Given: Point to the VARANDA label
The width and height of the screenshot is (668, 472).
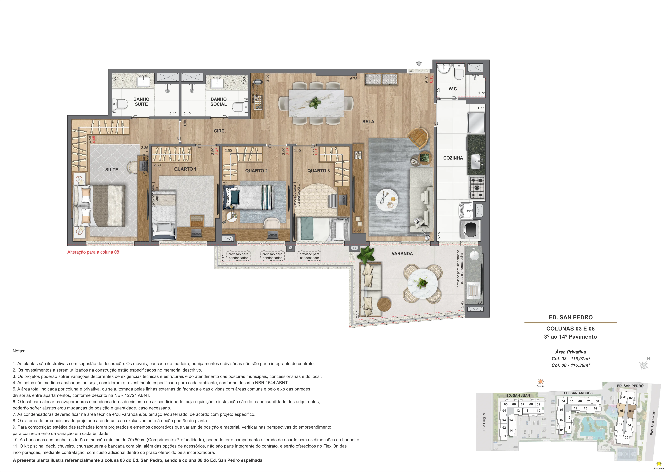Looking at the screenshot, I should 402,253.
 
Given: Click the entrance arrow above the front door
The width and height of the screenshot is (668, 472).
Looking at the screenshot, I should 419,63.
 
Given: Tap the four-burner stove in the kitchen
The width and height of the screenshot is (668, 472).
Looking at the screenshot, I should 477,188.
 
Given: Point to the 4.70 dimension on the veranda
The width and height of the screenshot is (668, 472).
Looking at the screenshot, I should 478,302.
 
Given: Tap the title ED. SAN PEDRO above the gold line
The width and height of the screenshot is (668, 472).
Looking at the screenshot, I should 570,317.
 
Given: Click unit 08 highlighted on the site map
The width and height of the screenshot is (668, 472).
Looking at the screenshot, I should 622,411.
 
